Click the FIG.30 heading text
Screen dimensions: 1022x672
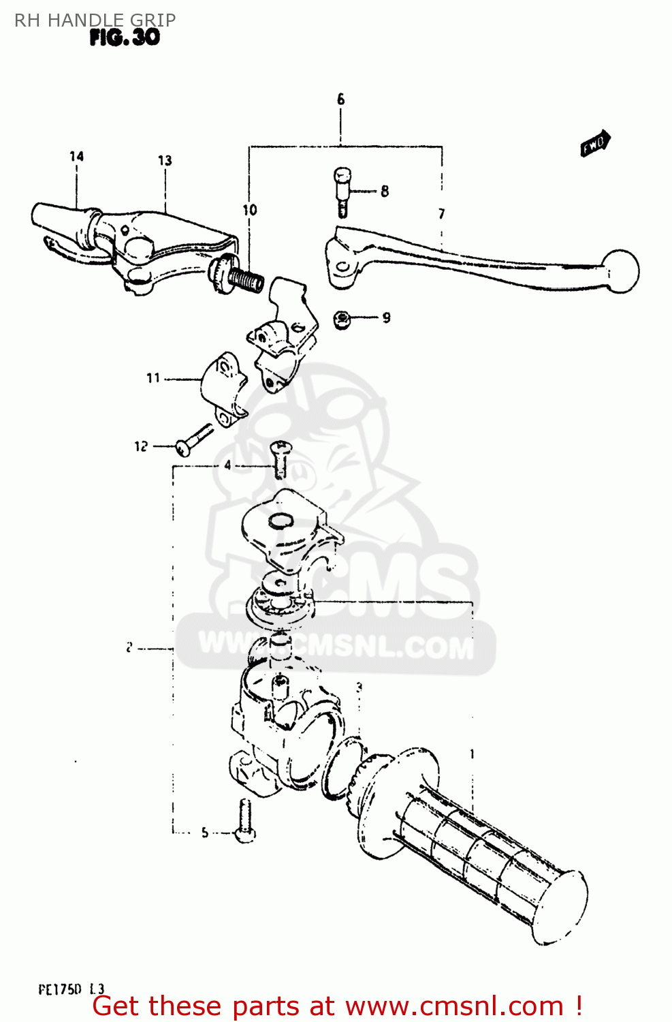(x=125, y=37)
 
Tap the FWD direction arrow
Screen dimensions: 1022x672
(x=595, y=144)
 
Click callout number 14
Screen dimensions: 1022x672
(x=76, y=157)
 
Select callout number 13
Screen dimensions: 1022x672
(x=165, y=161)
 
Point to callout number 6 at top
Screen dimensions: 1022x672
(x=340, y=99)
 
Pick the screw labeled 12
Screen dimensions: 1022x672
(x=193, y=439)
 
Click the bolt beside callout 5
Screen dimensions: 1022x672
(x=245, y=822)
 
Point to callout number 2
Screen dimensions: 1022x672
(x=129, y=648)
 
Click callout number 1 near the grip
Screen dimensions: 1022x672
(x=472, y=754)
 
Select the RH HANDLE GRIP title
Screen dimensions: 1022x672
(x=95, y=20)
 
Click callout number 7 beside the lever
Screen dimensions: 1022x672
(x=442, y=214)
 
